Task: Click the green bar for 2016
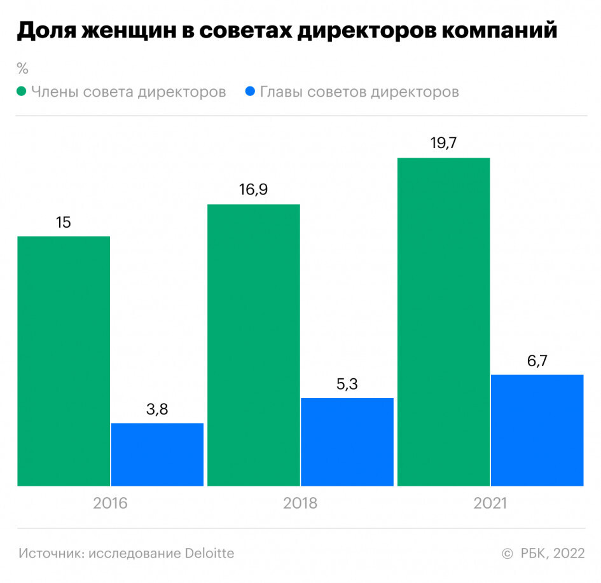[x=64, y=361]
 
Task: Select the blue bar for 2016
[x=157, y=455]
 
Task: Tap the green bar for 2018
[x=254, y=345]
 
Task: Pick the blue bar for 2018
[x=347, y=442]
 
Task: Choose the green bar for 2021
[x=444, y=322]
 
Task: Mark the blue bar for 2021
[x=537, y=430]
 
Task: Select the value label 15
[x=63, y=223]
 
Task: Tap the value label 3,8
[x=157, y=409]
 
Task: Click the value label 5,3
[x=347, y=384]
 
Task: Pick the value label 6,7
[x=537, y=361]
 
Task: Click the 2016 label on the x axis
[x=111, y=504]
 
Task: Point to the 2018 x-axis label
[x=300, y=504]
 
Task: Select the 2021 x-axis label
[x=490, y=504]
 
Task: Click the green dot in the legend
[x=22, y=92]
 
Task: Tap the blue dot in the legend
[x=250, y=92]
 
